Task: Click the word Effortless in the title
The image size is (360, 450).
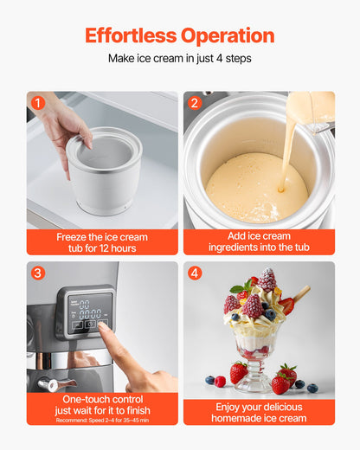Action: pyautogui.click(x=130, y=35)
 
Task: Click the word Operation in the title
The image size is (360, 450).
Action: pyautogui.click(x=228, y=35)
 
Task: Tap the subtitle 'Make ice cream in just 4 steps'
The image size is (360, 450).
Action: pyautogui.click(x=180, y=59)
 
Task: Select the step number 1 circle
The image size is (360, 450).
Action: pyautogui.click(x=37, y=103)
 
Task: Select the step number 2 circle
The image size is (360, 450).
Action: pyautogui.click(x=195, y=103)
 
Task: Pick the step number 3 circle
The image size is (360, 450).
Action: pyautogui.click(x=37, y=273)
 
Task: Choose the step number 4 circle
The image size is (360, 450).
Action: pyautogui.click(x=195, y=273)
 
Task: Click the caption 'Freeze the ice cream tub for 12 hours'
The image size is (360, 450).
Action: pyautogui.click(x=102, y=242)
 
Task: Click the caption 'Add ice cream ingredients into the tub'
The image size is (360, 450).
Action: pyautogui.click(x=259, y=242)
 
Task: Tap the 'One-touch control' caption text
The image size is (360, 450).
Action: pyautogui.click(x=102, y=398)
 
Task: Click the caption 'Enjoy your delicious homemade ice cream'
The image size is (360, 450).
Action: pyautogui.click(x=259, y=412)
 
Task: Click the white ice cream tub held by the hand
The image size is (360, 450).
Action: pyautogui.click(x=104, y=173)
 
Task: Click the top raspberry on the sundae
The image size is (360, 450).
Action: pyautogui.click(x=267, y=279)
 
